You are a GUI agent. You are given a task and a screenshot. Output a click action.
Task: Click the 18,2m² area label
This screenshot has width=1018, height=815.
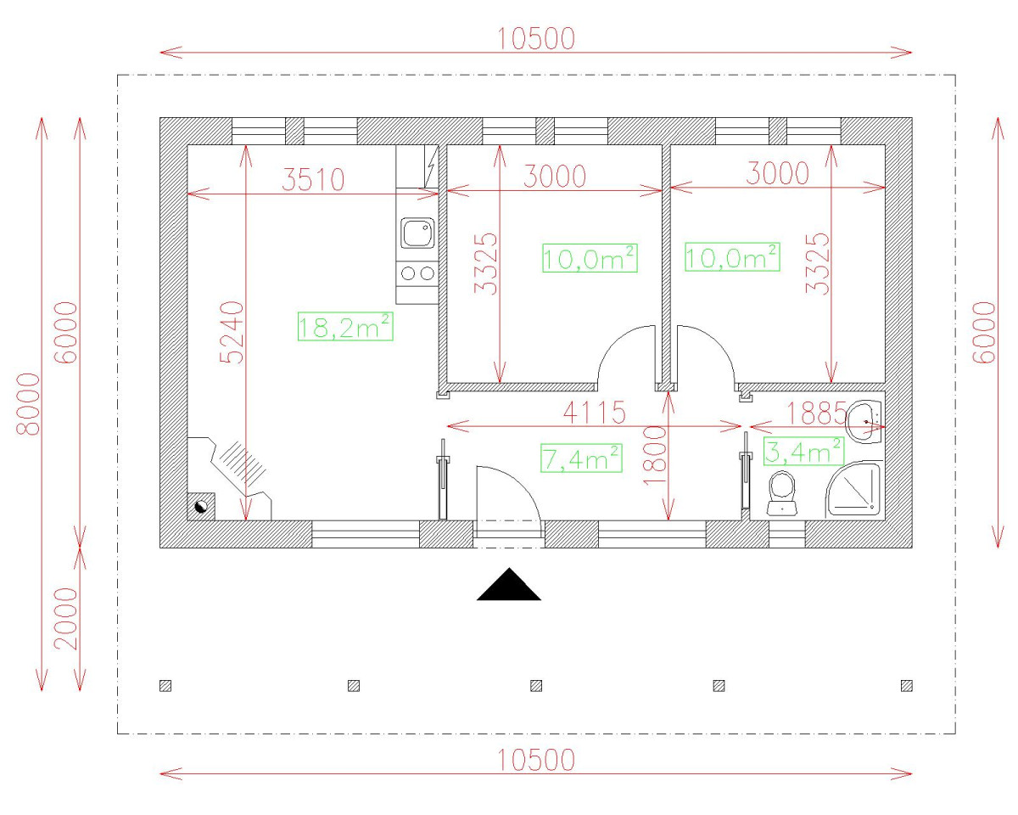345,326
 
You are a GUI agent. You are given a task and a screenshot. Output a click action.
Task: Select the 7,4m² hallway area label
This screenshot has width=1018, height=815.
581,458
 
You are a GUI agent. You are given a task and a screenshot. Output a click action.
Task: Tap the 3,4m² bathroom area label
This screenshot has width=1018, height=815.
803,451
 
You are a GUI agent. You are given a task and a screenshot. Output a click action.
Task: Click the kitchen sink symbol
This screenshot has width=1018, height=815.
417,233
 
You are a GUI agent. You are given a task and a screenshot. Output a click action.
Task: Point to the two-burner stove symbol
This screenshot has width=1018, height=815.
417,273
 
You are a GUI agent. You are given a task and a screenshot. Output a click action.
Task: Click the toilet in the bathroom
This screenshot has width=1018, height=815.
782,493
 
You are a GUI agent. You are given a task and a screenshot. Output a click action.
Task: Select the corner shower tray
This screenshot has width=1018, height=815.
853,490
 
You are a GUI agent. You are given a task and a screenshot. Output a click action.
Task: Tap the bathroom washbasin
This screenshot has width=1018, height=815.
864,421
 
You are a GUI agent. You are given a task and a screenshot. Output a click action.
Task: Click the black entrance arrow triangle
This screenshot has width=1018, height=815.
508,584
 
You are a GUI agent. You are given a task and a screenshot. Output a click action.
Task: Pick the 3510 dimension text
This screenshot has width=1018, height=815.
313,179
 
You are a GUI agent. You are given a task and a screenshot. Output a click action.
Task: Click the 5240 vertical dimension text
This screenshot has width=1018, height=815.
232,332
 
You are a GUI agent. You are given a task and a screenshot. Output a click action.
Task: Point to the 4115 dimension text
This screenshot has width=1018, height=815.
594,413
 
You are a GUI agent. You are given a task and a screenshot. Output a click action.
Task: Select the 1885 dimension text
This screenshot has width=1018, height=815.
816,413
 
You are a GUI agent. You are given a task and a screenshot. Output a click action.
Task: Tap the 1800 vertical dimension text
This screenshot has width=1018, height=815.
655,455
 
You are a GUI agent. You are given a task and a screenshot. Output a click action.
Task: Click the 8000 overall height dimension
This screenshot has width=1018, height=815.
28,404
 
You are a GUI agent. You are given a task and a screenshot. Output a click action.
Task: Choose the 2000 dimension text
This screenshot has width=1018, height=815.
66,619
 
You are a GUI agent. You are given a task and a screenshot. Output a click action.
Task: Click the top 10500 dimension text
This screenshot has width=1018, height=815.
536,39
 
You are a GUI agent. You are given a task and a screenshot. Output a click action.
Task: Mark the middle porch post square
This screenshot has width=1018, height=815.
536,686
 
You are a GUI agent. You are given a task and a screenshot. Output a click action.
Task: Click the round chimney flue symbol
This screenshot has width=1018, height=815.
201,507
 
